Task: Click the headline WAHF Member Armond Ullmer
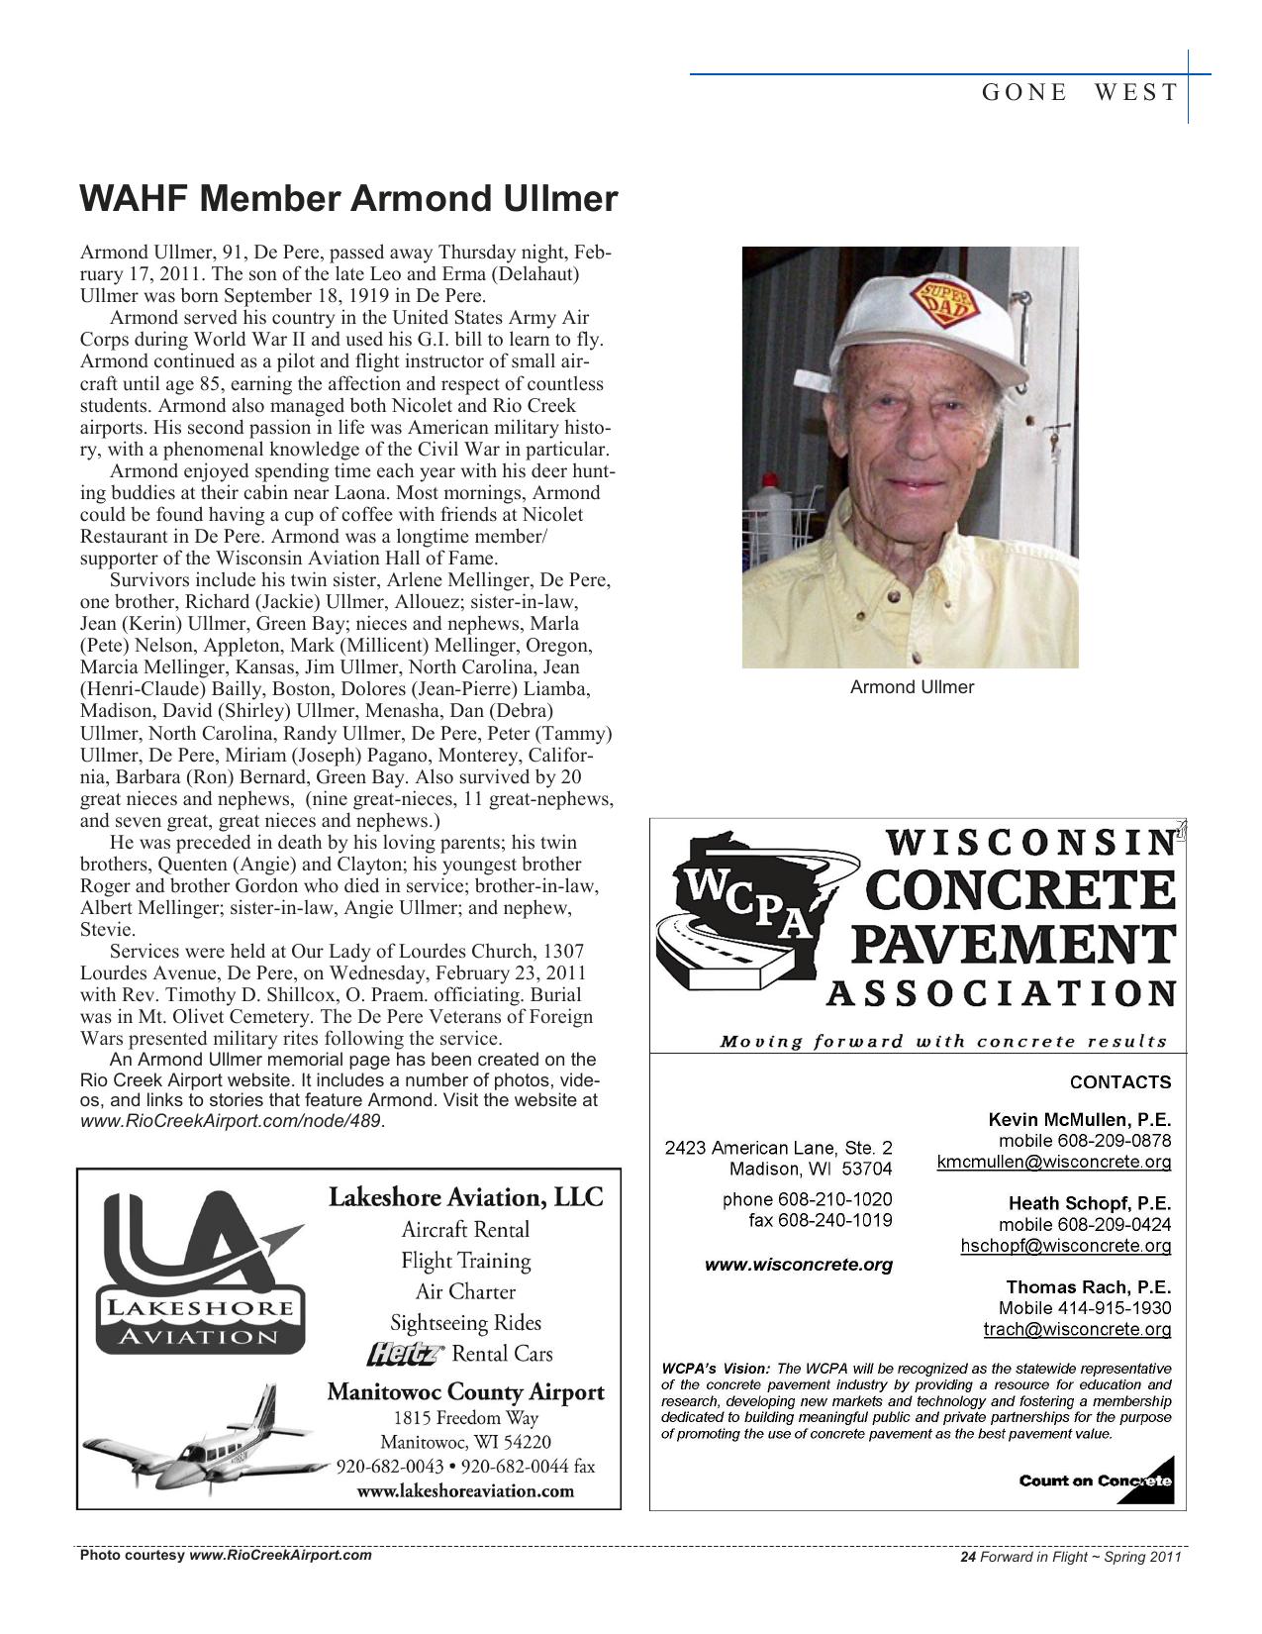click(x=348, y=199)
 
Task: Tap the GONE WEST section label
click(x=1079, y=93)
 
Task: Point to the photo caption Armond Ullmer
click(x=912, y=687)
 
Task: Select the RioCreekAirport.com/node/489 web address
click(x=230, y=1121)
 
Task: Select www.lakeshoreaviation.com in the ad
click(x=465, y=1490)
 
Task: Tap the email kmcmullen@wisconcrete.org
click(x=1053, y=1162)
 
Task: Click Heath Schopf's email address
click(x=1065, y=1246)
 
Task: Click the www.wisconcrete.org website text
click(x=798, y=1265)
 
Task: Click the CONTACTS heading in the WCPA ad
click(x=1119, y=1082)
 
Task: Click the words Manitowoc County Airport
click(x=465, y=1392)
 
